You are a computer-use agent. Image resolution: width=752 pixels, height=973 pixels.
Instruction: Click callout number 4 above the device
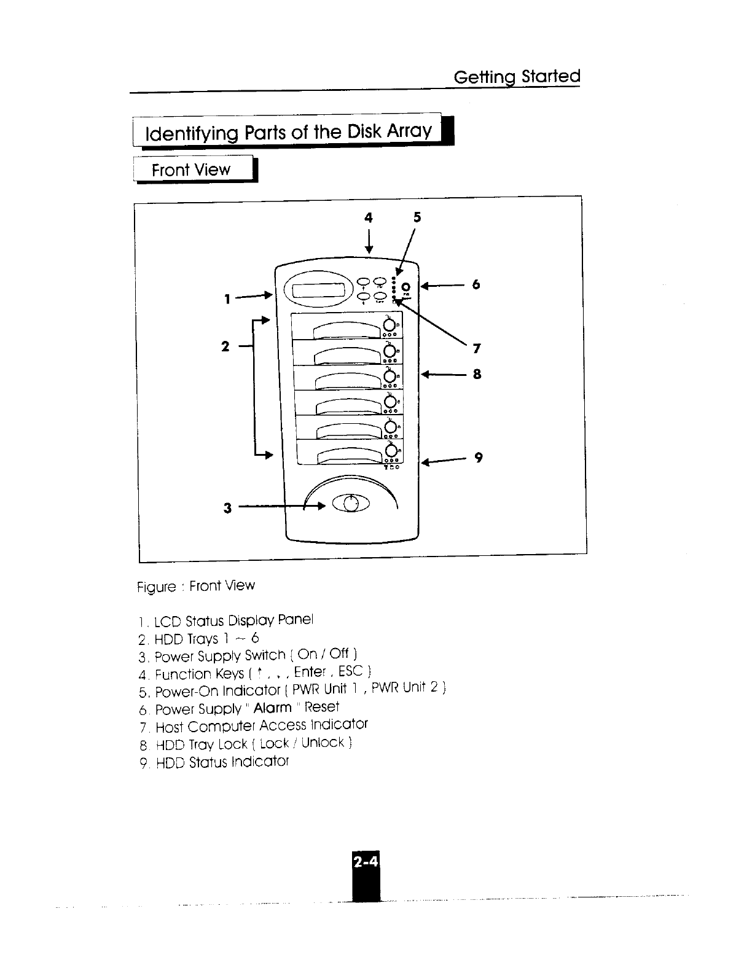coord(369,217)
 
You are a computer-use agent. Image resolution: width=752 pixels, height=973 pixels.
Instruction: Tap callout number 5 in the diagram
coord(417,217)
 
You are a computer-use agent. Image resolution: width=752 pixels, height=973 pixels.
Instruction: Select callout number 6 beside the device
coord(475,284)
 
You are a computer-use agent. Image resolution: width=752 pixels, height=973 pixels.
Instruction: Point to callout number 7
coord(476,349)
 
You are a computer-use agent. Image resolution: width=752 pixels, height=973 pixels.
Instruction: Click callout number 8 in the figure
coord(476,373)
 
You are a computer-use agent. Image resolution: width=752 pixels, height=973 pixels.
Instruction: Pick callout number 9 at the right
coord(478,458)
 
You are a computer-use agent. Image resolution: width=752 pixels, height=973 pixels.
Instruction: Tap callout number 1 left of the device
coord(227,299)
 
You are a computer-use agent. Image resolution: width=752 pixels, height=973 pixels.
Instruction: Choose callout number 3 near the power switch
coord(227,508)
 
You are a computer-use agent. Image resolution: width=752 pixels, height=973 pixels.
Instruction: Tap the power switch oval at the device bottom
coord(351,504)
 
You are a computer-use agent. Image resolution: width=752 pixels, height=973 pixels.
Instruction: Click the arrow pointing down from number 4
coord(369,241)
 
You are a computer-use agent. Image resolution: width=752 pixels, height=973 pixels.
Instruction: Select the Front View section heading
coord(191,170)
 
